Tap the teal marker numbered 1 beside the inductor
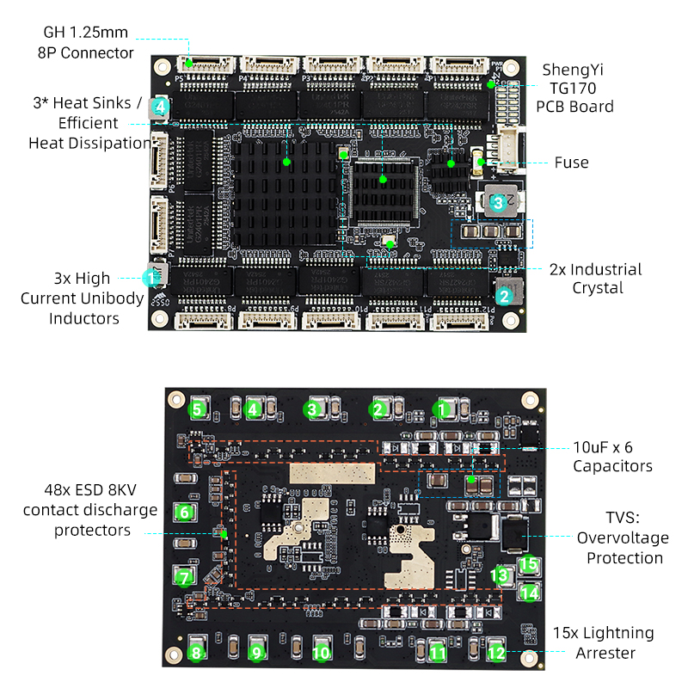click(x=152, y=277)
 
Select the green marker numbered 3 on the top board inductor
click(x=497, y=203)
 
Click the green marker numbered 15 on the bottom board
click(x=529, y=565)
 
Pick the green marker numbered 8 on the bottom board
click(x=197, y=653)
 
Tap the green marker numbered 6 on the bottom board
click(x=184, y=513)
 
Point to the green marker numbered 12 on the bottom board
click(x=495, y=653)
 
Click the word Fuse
click(x=571, y=163)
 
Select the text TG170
click(x=574, y=88)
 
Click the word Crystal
click(x=598, y=288)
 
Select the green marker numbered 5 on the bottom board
click(x=199, y=409)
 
